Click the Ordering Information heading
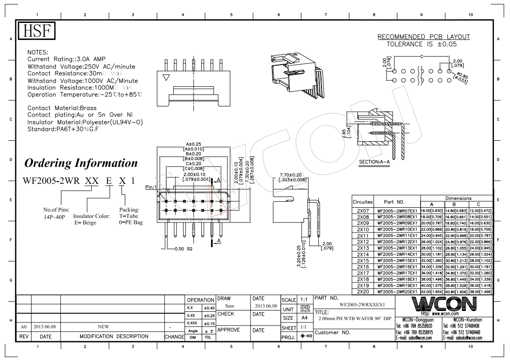pos(81,163)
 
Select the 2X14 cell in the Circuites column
pos(363,254)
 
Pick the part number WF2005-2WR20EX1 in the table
pos(397,292)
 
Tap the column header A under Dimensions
pos(432,204)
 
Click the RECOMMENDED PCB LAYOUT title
pos(423,37)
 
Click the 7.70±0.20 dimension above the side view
pos(291,175)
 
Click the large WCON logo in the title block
pos(444,304)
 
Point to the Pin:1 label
pos(150,187)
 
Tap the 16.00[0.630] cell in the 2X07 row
pos(432,210)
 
